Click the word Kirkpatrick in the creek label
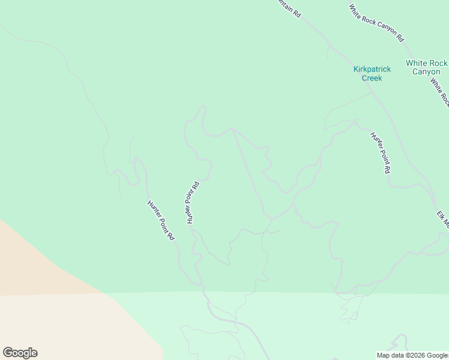[x=372, y=70]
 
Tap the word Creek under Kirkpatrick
[x=372, y=78]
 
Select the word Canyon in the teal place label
[x=426, y=72]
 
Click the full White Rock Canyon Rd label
[x=377, y=23]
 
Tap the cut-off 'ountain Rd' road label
[x=289, y=8]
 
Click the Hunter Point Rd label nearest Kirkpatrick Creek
[x=380, y=152]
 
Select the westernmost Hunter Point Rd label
[x=160, y=220]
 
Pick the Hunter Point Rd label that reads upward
[x=192, y=203]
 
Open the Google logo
[x=20, y=353]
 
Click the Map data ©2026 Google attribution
[x=412, y=355]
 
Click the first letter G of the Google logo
[x=7, y=353]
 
